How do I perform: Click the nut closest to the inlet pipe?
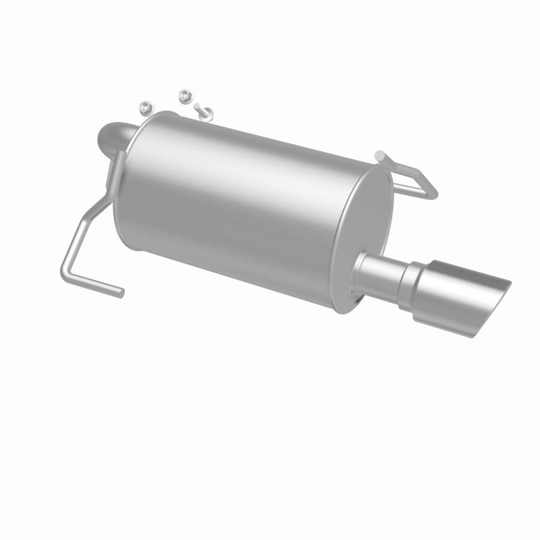(x=144, y=107)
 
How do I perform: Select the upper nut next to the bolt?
(x=184, y=95)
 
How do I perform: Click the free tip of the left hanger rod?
(x=122, y=292)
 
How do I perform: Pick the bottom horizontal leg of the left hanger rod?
(x=94, y=282)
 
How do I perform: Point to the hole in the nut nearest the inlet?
(x=144, y=106)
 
